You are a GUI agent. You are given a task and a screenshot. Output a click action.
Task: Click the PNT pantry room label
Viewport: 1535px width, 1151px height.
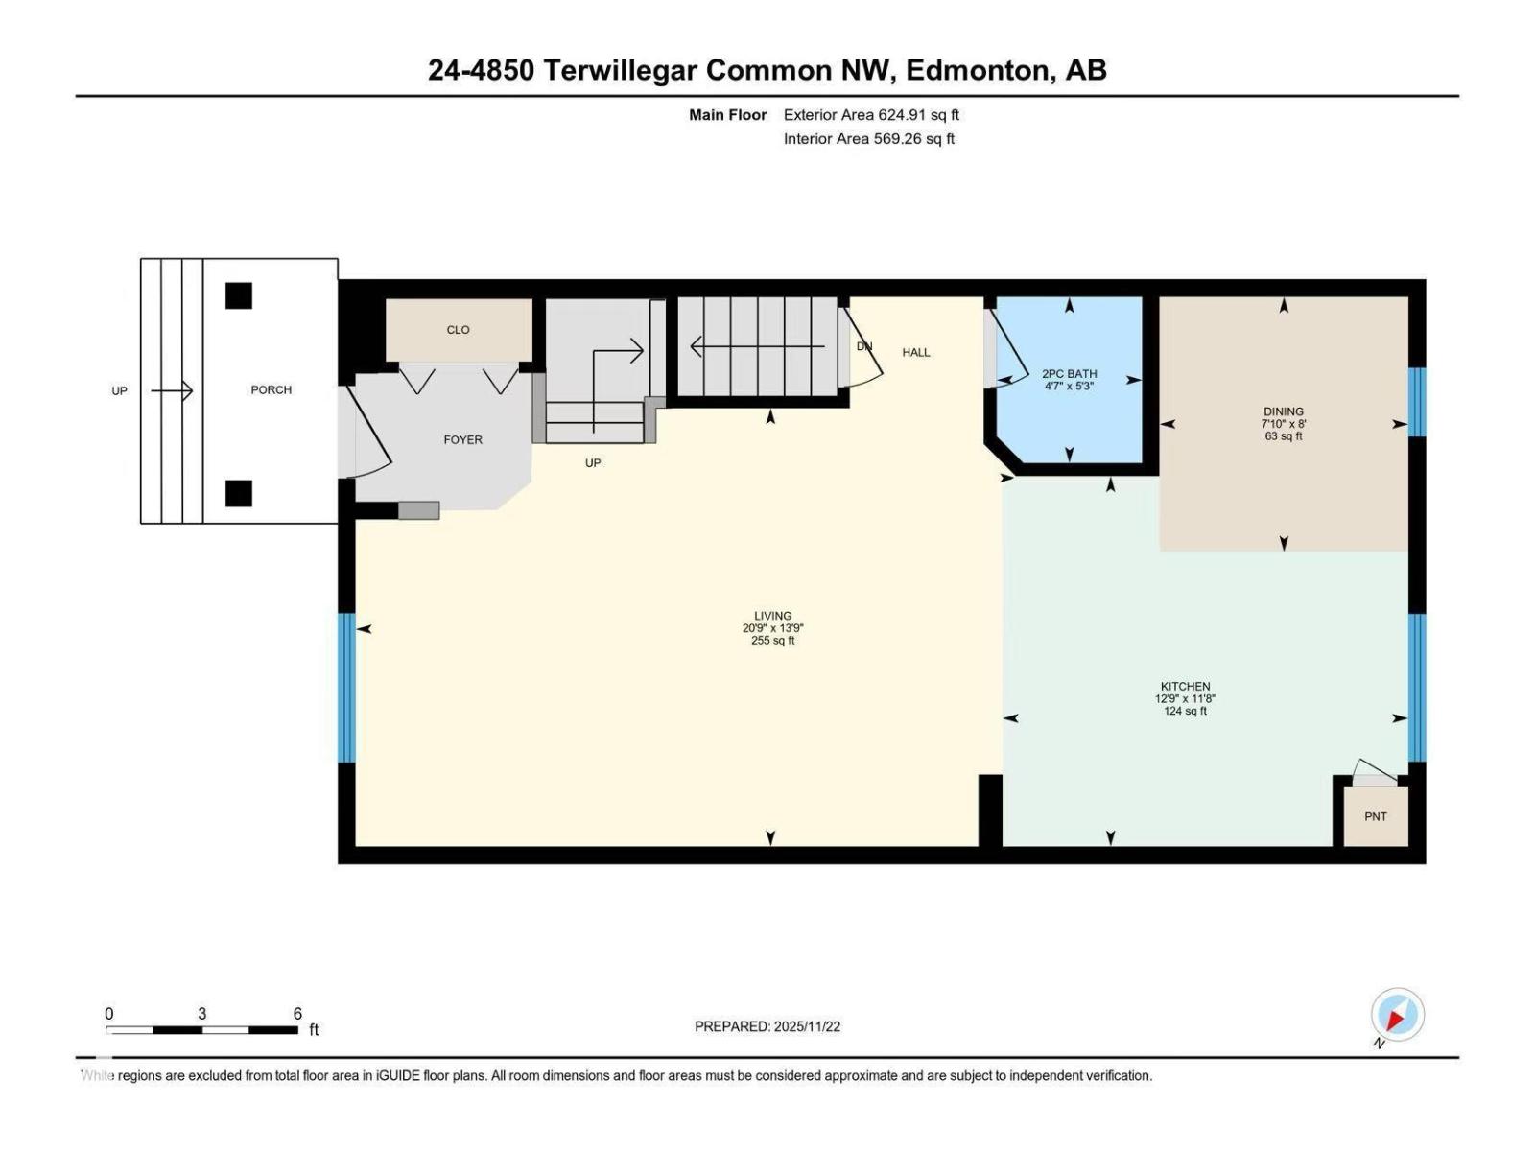click(x=1375, y=816)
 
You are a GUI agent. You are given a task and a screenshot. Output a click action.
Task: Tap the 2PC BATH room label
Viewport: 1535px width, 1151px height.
click(x=1069, y=374)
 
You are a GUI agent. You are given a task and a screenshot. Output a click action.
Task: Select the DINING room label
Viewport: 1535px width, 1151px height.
click(x=1283, y=411)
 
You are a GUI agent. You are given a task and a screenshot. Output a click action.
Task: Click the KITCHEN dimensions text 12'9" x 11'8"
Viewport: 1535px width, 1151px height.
click(x=1185, y=699)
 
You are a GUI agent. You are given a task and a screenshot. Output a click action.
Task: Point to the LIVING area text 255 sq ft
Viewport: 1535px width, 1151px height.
click(x=772, y=641)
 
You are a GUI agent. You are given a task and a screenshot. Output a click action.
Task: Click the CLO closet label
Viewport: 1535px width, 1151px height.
click(x=458, y=330)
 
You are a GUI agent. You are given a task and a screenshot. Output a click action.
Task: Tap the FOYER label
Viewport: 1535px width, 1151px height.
click(x=462, y=439)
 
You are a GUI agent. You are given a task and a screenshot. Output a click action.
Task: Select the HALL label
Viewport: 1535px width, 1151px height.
click(x=915, y=352)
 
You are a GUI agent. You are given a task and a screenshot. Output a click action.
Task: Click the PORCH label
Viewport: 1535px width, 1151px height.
click(x=271, y=389)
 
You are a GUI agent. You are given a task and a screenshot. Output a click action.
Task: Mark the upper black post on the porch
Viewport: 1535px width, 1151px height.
click(x=239, y=295)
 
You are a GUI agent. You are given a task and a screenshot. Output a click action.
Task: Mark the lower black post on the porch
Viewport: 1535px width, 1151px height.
click(x=239, y=493)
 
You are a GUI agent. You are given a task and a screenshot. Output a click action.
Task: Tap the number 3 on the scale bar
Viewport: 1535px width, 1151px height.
click(x=201, y=1014)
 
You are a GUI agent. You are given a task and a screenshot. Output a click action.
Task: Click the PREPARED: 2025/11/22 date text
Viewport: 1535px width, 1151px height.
click(x=767, y=1026)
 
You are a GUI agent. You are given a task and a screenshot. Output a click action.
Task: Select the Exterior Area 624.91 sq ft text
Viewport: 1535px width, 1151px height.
click(x=871, y=115)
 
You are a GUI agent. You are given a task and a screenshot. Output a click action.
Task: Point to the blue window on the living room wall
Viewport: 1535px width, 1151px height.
click(x=346, y=688)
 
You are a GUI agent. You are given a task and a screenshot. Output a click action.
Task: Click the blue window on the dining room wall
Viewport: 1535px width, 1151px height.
click(x=1417, y=402)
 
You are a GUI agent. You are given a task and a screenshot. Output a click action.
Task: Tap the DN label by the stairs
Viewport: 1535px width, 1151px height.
click(x=863, y=346)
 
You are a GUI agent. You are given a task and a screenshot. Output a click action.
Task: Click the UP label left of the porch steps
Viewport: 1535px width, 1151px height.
click(x=119, y=390)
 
